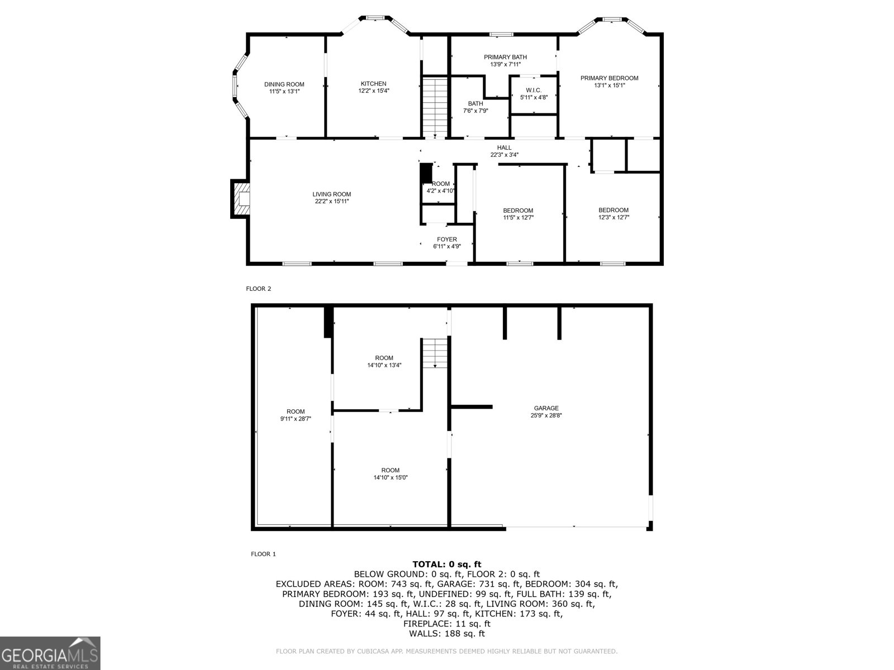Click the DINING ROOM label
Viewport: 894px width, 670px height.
pos(284,84)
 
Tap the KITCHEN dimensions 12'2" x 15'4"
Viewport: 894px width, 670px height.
pos(373,91)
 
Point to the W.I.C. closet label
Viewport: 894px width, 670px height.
pos(534,90)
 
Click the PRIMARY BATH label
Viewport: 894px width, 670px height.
pos(505,57)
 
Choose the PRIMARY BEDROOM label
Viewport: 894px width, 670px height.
pos(609,78)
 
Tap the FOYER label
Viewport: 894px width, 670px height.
pos(446,240)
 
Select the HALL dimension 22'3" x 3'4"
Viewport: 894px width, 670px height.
pos(504,155)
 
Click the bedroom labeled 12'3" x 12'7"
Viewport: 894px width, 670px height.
pos(614,214)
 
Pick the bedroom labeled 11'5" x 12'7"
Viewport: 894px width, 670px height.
pos(518,214)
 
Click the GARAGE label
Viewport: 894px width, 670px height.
pos(545,408)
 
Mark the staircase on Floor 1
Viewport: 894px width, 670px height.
pos(435,353)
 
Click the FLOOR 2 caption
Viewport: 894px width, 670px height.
pos(259,289)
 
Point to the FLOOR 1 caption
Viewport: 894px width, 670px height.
pos(263,554)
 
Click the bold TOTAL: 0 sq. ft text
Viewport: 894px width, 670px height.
pos(446,564)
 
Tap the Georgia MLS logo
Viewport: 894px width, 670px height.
pos(50,653)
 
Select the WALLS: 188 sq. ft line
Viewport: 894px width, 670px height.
pos(446,634)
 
